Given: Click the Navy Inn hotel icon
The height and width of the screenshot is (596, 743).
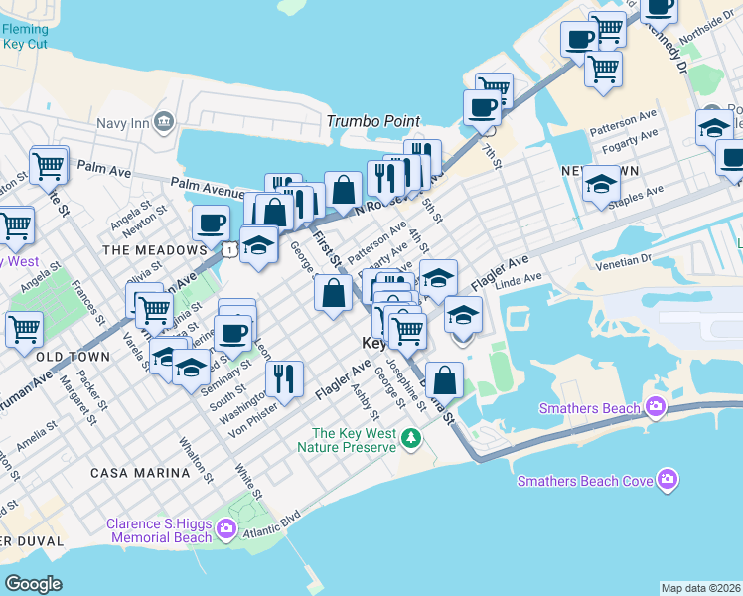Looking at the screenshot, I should [165, 122].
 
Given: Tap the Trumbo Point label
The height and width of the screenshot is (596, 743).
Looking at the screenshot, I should [373, 121].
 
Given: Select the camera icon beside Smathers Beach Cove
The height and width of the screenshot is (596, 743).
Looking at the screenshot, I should [668, 481].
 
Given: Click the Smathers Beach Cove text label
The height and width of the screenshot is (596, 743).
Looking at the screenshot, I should [585, 481].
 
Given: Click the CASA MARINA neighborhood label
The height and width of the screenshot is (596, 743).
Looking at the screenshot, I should [138, 473].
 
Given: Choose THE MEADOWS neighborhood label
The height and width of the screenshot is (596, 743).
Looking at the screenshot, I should [145, 250].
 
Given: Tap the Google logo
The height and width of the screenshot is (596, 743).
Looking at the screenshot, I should [34, 583].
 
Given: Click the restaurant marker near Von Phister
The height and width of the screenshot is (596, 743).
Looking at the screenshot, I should [284, 377].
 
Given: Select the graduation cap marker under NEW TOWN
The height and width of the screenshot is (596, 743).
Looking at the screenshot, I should [600, 184].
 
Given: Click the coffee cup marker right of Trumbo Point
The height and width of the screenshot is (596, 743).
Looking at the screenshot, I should [483, 107].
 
